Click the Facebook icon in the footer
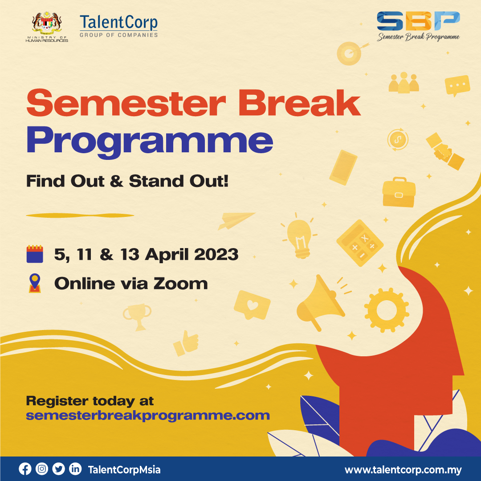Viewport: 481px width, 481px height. coord(25,469)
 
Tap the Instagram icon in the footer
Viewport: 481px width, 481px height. coord(42,469)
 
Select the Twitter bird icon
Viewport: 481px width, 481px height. coord(59,469)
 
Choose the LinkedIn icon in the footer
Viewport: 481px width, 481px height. coord(75,469)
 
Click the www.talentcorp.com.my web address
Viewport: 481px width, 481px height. coord(403,470)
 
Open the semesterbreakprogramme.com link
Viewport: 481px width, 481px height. coord(148,416)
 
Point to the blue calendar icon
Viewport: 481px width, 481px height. coord(35,254)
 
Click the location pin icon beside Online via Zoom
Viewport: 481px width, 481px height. coord(35,283)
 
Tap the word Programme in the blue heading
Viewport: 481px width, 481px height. coord(150,141)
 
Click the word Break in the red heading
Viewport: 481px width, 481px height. coord(299,103)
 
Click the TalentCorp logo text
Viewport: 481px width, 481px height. coord(119,23)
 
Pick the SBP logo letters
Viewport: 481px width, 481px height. coord(418,21)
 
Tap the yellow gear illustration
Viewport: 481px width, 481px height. coord(387,310)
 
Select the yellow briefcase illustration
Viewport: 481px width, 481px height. coord(399,192)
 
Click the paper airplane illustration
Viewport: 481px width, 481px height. coord(236,220)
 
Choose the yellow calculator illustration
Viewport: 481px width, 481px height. coord(360,243)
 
